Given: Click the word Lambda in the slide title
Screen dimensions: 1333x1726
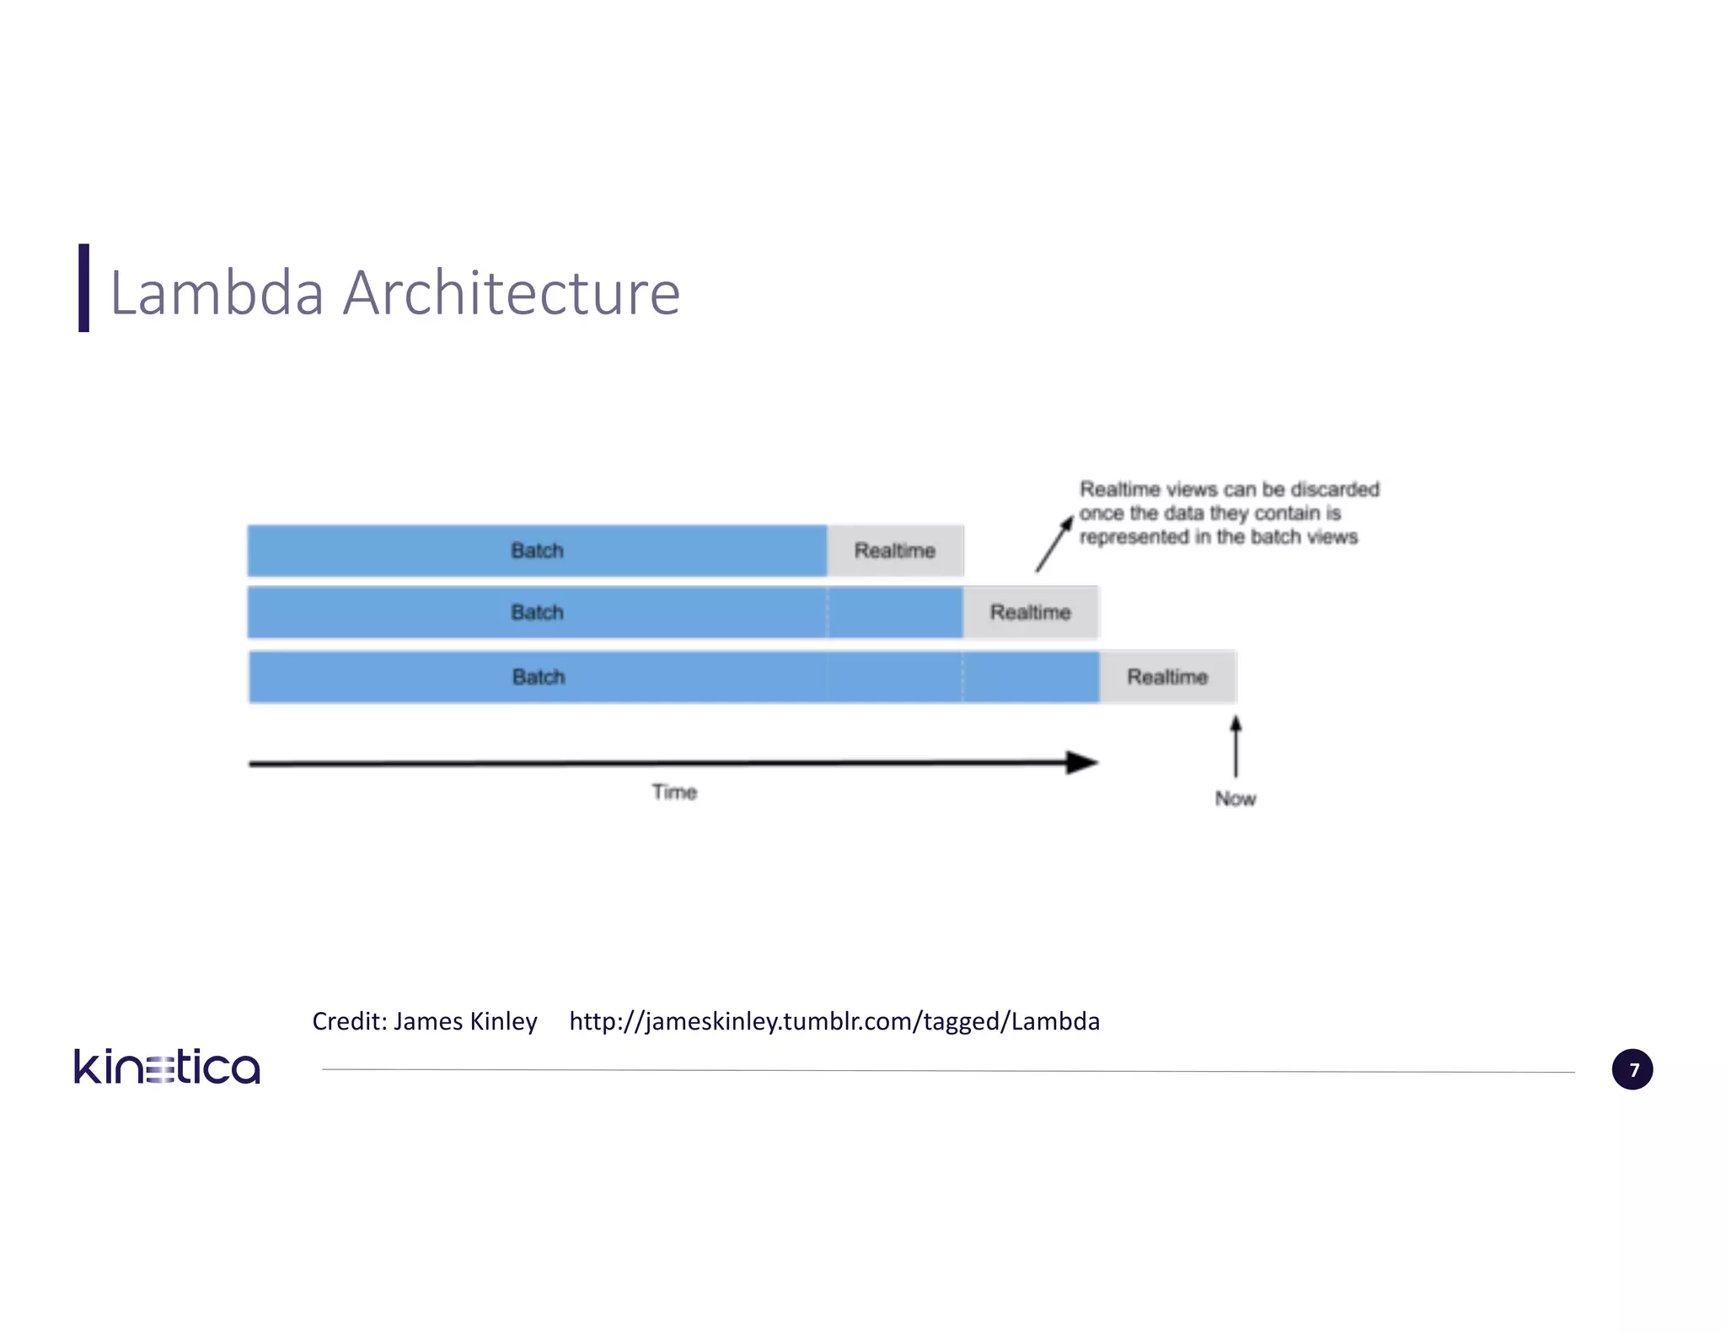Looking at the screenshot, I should pyautogui.click(x=217, y=293).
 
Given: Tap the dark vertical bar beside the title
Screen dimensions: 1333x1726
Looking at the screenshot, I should pyautogui.click(x=83, y=288).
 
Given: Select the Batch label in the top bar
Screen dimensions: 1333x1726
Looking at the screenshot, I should pyautogui.click(x=537, y=551).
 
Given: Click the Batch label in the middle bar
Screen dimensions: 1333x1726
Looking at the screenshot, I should pyautogui.click(x=537, y=613).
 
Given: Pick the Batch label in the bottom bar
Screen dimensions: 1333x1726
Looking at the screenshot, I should pyautogui.click(x=539, y=677).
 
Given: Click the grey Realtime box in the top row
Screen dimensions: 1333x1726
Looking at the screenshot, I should pyautogui.click(x=895, y=551).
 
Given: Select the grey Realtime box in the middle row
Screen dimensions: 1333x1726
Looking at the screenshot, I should pyautogui.click(x=1030, y=613).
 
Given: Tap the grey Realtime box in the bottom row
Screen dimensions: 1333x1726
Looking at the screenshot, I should pyautogui.click(x=1167, y=677).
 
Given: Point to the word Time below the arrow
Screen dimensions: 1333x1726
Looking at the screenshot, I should pyautogui.click(x=674, y=792).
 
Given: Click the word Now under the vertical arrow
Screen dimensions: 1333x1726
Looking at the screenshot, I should pyautogui.click(x=1236, y=799).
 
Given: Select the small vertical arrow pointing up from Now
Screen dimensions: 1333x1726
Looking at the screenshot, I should pyautogui.click(x=1236, y=746).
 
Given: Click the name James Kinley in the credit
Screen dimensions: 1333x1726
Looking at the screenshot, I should pyautogui.click(x=465, y=1021).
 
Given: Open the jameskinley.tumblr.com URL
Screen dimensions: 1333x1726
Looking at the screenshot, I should pyautogui.click(x=834, y=1021).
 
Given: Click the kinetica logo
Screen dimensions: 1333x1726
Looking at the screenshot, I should pyautogui.click(x=167, y=1067).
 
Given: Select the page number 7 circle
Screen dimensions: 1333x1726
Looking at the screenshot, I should pyautogui.click(x=1632, y=1070).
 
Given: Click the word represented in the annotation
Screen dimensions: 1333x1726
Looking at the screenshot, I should pyautogui.click(x=1134, y=538).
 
